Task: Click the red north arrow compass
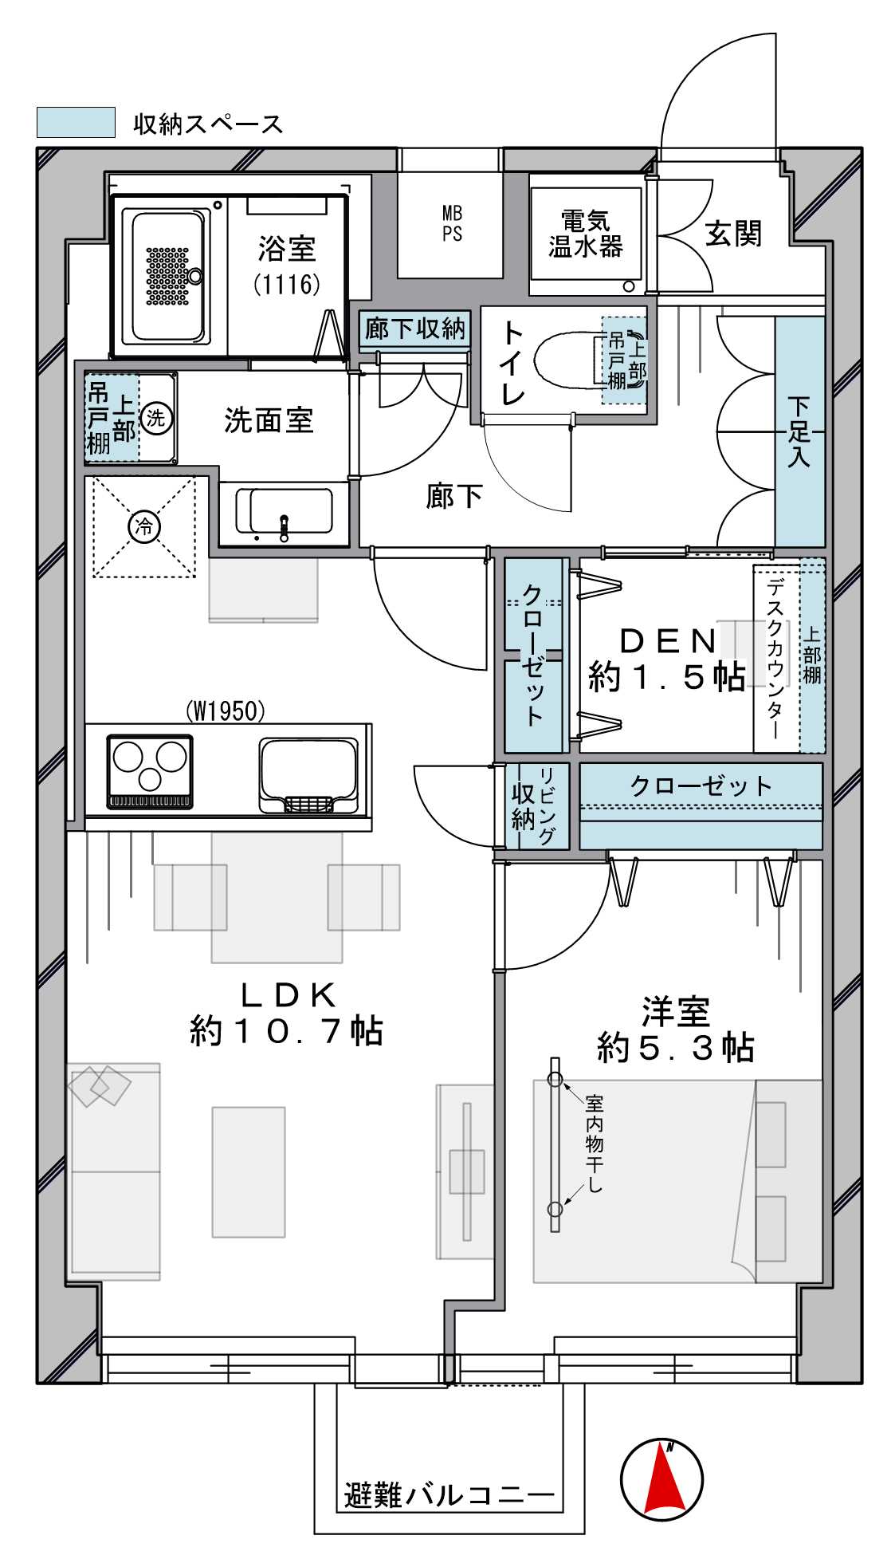click(x=662, y=1479)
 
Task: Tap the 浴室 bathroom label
click(x=287, y=249)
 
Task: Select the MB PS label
click(x=452, y=223)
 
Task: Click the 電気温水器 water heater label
click(x=586, y=233)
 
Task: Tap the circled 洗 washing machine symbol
click(x=155, y=418)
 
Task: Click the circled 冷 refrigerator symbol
click(x=144, y=526)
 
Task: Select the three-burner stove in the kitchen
click(x=150, y=772)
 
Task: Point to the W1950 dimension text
click(x=226, y=711)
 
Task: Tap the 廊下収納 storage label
click(x=414, y=328)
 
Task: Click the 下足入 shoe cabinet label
click(x=799, y=431)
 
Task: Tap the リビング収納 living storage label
click(x=536, y=806)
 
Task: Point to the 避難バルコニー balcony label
click(x=449, y=1494)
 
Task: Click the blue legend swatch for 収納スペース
click(x=77, y=123)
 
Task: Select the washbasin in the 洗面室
click(x=284, y=513)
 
